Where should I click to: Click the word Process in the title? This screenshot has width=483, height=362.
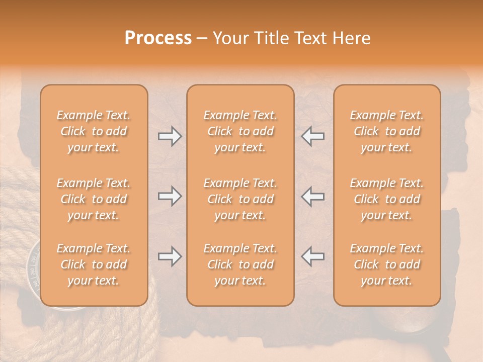158,38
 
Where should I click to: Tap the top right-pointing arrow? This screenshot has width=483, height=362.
170,136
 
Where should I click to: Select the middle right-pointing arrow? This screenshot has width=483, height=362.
170,196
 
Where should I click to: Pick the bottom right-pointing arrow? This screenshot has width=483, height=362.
170,256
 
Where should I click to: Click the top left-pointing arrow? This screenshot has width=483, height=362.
312,136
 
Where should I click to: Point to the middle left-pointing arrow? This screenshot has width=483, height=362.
312,196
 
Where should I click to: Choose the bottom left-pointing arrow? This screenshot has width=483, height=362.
312,256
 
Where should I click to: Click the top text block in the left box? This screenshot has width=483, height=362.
94,131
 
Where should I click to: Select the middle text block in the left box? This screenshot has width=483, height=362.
94,199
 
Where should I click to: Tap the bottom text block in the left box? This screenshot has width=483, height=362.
94,264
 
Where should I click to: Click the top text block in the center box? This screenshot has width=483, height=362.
240,131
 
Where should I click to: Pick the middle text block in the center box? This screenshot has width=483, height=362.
240,199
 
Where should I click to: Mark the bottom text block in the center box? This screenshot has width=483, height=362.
240,264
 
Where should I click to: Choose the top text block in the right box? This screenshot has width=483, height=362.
386,131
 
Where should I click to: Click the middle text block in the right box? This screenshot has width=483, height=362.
386,199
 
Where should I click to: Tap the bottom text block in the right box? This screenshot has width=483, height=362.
386,264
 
